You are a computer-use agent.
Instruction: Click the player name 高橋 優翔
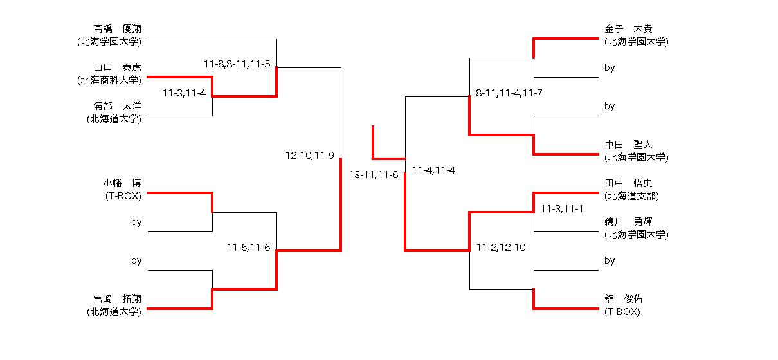(x=118, y=29)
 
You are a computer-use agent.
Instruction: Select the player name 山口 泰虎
(x=118, y=67)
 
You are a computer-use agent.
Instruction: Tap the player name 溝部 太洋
(x=118, y=106)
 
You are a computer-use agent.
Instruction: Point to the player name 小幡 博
(x=122, y=183)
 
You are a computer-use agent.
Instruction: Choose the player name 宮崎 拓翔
(x=118, y=298)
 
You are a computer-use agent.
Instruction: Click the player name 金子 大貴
(x=628, y=29)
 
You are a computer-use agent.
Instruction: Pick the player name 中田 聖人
(x=628, y=145)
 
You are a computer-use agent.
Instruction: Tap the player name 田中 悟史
(x=628, y=183)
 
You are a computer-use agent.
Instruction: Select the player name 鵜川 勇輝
(x=628, y=222)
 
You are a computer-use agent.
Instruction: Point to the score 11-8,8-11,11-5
(x=237, y=64)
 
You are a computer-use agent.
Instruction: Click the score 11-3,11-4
(x=184, y=93)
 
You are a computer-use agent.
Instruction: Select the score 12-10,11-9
(x=310, y=155)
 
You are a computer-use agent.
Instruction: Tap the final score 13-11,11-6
(x=374, y=175)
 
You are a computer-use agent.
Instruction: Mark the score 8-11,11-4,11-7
(x=509, y=93)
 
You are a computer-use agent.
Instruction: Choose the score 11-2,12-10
(x=501, y=247)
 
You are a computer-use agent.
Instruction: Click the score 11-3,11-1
(x=561, y=209)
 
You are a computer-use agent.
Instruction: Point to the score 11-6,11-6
(x=248, y=247)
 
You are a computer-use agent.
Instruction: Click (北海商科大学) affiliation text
(x=109, y=80)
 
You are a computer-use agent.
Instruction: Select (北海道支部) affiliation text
(x=631, y=196)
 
